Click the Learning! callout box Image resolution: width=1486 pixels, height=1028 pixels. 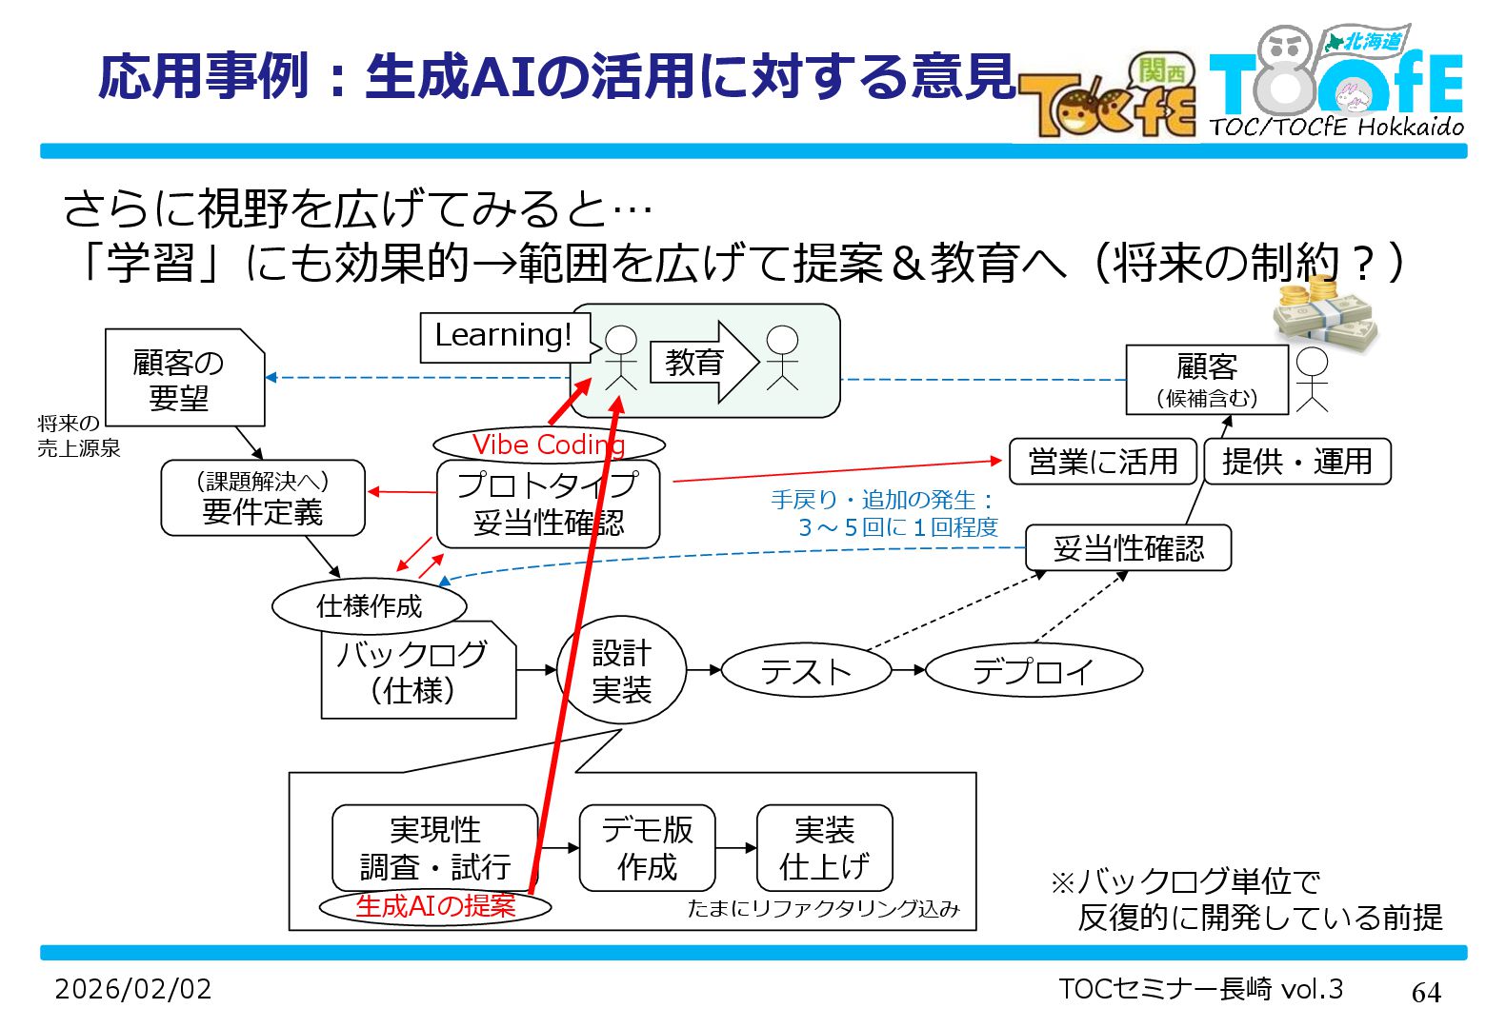click(x=503, y=337)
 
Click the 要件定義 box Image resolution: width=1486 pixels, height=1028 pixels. click(x=263, y=498)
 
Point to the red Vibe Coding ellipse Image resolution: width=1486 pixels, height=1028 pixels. click(x=549, y=445)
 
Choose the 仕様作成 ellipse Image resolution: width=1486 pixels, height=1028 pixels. click(x=370, y=605)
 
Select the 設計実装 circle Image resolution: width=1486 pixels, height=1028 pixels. click(x=621, y=671)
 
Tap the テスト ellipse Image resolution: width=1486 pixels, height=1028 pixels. click(x=806, y=671)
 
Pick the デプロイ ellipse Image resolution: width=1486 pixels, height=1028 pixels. click(x=1034, y=671)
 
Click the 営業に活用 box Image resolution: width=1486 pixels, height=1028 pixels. click(x=1103, y=462)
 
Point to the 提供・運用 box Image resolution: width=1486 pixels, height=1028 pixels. click(x=1296, y=462)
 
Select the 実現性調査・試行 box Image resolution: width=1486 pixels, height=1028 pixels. click(x=435, y=847)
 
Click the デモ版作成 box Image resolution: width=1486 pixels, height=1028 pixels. click(x=647, y=847)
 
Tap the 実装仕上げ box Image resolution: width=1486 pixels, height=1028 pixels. click(x=824, y=847)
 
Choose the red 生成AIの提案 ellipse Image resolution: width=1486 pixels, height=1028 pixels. click(x=435, y=906)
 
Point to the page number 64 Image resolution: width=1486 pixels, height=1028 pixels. click(x=1426, y=992)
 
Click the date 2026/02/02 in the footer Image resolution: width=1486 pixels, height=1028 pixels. click(x=133, y=989)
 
